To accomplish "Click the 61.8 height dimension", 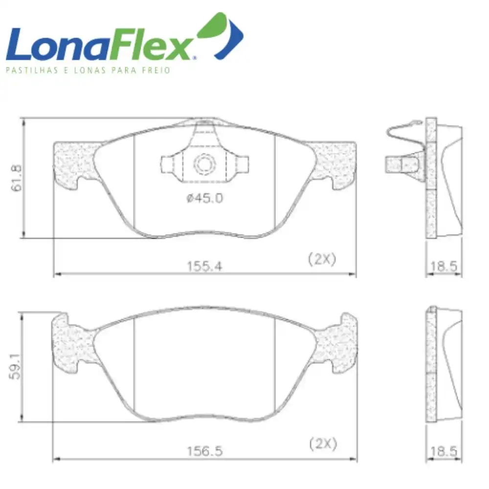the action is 17,178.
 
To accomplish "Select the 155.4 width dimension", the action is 204,267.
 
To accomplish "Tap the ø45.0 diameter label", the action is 205,198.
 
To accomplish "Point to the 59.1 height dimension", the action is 15,366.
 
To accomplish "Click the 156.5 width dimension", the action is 205,451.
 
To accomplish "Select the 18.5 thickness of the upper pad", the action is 444,267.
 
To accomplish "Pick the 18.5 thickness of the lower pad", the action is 444,451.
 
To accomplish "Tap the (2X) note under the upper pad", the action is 322,259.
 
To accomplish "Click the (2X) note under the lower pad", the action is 323,444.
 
